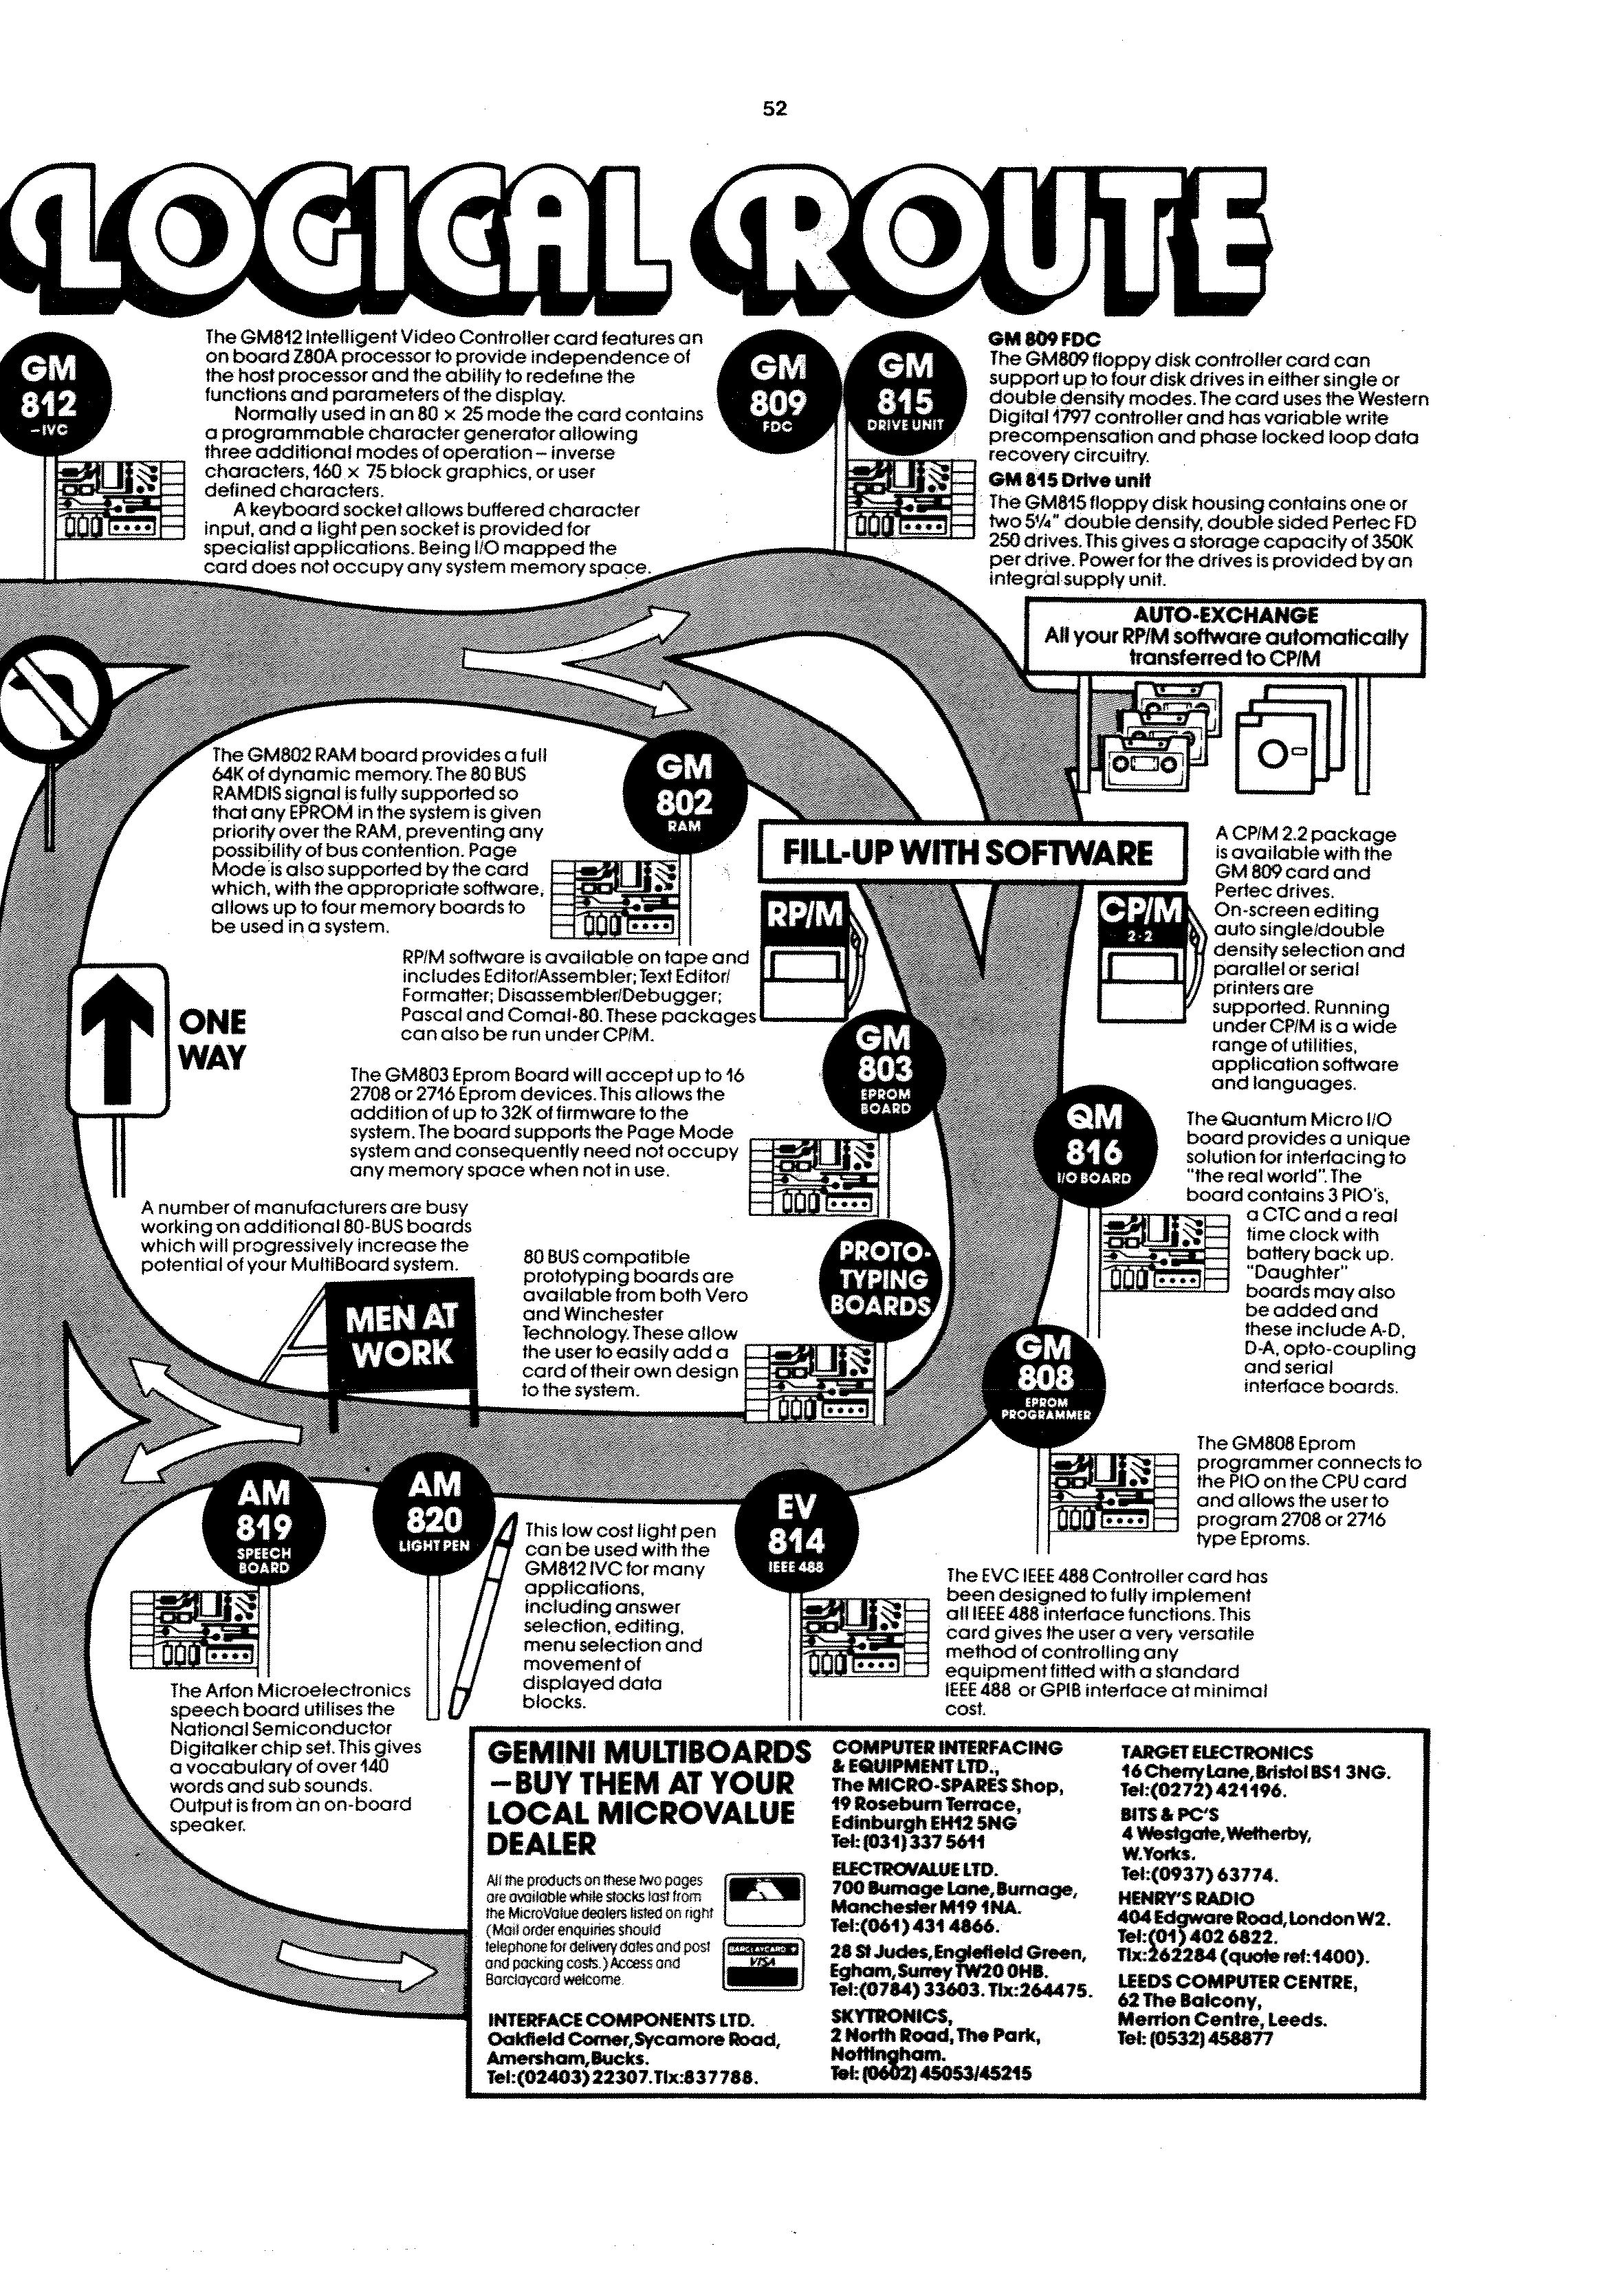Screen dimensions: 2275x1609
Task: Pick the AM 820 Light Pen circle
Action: (435, 1513)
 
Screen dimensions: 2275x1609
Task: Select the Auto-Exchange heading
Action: (1225, 616)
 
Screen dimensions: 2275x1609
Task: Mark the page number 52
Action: (775, 109)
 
